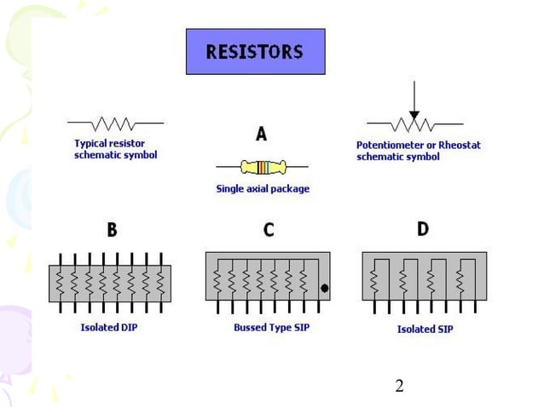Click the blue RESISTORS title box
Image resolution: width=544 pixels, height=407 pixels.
point(255,52)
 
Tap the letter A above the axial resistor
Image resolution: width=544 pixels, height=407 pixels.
point(261,134)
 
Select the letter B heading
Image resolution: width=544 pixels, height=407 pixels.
point(112,229)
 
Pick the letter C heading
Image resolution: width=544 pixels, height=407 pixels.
point(269,229)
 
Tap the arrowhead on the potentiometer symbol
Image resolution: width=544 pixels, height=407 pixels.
point(414,114)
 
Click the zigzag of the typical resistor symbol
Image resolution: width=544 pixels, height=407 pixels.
point(114,123)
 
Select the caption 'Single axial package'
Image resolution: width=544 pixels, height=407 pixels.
point(263,189)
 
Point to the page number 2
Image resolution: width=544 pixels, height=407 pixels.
point(399,387)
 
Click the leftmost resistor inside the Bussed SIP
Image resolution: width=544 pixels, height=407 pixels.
point(217,280)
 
